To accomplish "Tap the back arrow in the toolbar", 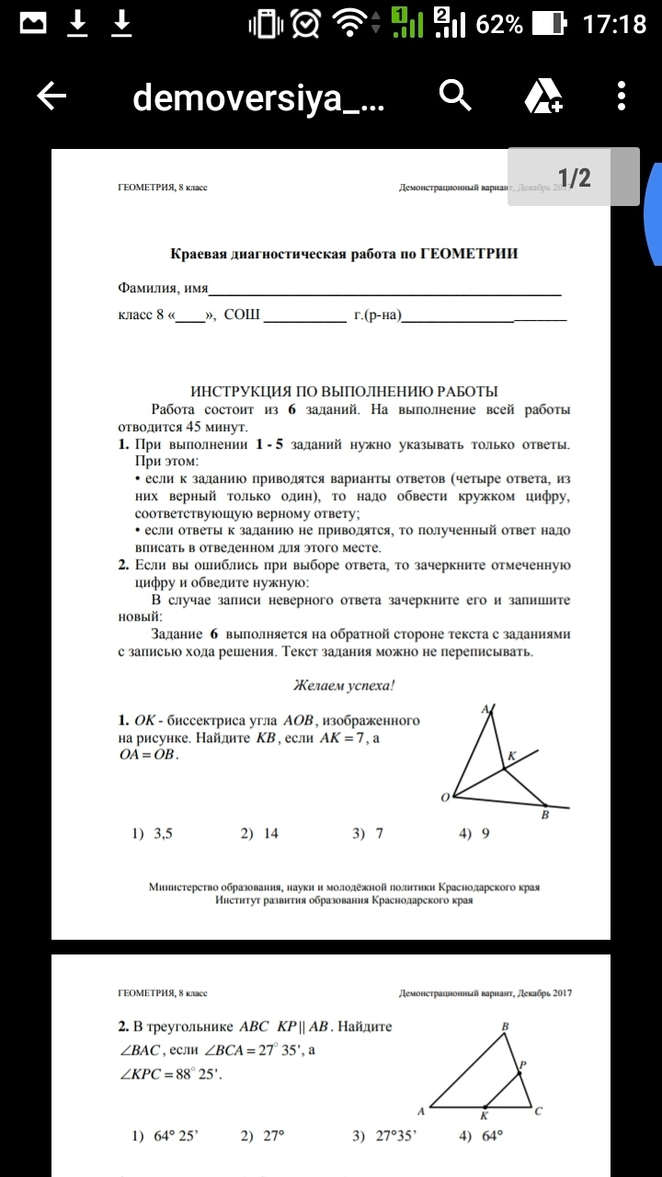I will click(51, 96).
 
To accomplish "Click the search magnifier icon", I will click(455, 95).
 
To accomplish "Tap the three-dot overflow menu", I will click(622, 95).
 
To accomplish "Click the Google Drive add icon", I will click(542, 96).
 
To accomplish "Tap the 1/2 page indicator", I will click(574, 177).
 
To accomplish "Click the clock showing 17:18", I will click(615, 24).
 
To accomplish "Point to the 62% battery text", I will click(500, 24).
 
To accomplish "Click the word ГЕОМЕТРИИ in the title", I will click(469, 254).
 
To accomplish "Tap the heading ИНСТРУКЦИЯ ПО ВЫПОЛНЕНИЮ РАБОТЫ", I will click(344, 391).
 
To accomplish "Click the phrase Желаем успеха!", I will click(344, 685).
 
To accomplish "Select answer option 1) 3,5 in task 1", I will click(153, 834).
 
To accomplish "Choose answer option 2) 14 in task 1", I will click(260, 834).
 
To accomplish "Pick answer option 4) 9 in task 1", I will click(474, 834).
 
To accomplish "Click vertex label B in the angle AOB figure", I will click(545, 815).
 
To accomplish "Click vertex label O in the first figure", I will click(445, 797).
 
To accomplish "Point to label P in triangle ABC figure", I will click(523, 1065).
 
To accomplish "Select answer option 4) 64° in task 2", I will click(481, 1136).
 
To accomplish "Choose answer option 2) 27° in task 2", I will click(263, 1136).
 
